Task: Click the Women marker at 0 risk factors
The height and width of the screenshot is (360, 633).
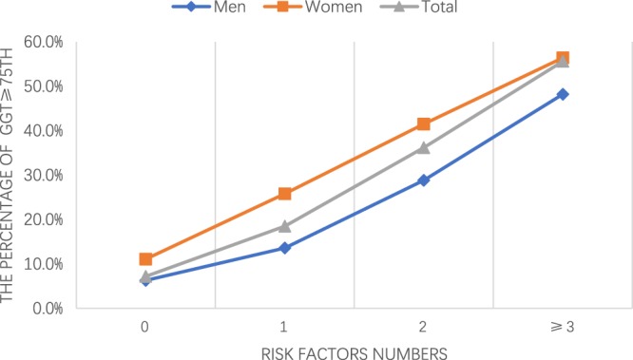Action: [145, 259]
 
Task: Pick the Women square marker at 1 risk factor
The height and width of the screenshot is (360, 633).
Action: [284, 194]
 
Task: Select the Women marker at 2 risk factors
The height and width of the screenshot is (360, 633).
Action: [424, 124]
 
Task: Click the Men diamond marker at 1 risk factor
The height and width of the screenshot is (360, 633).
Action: [284, 248]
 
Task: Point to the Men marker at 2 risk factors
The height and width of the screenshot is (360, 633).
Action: [424, 180]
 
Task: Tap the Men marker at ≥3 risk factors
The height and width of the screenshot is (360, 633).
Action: [563, 94]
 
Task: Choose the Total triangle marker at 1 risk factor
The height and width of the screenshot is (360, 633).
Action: [284, 226]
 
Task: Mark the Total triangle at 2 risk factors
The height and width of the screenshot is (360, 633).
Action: [424, 147]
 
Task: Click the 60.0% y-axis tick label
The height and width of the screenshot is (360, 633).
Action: [43, 42]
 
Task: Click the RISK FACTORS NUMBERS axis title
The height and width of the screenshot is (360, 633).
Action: [354, 350]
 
